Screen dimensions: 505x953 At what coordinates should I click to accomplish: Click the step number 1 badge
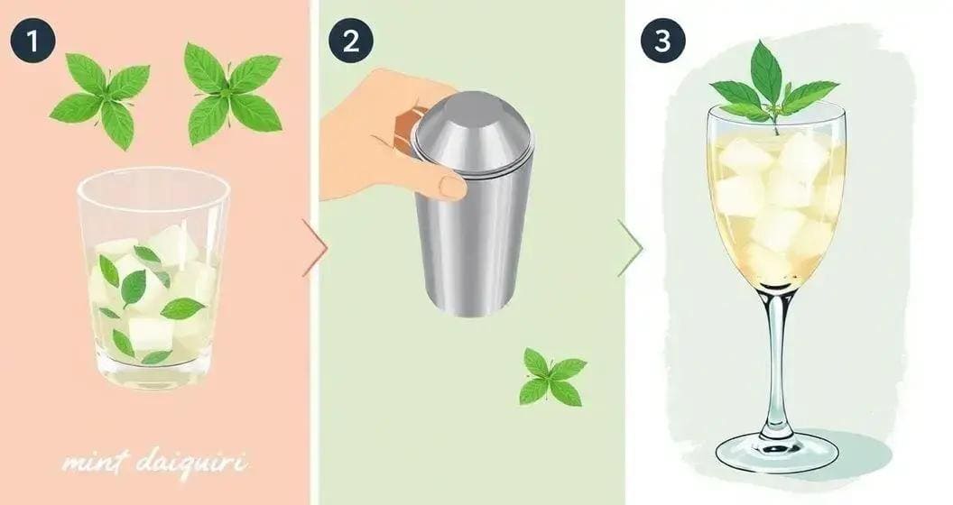coord(33,41)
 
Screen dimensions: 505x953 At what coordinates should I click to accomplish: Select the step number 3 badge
coord(663,41)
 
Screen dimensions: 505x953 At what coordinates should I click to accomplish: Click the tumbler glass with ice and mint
coord(153,280)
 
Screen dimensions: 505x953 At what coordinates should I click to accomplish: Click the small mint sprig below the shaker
coord(551,377)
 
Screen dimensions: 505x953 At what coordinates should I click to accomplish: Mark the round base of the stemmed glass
coord(777,451)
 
